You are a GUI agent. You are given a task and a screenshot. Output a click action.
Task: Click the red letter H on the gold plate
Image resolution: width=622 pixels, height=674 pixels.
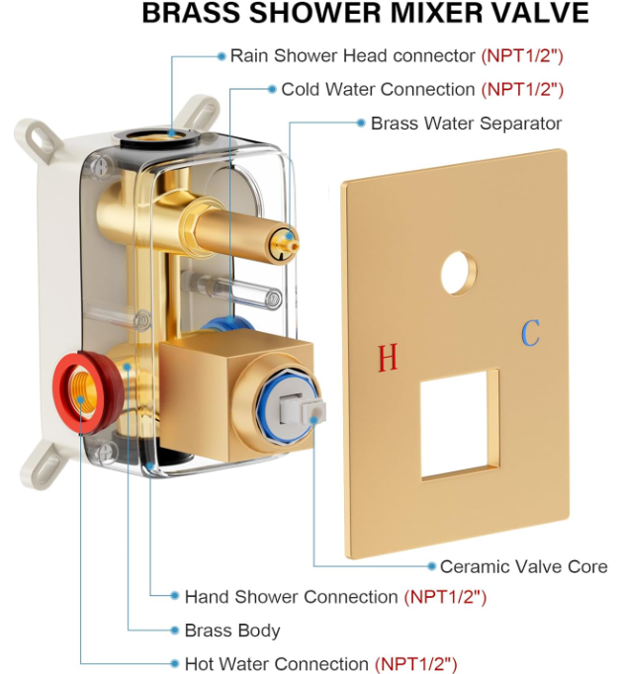(x=387, y=358)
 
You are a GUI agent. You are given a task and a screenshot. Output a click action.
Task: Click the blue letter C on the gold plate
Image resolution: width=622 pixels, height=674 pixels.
(x=531, y=334)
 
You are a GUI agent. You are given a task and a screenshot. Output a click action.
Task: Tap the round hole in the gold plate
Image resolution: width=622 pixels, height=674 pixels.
(x=459, y=273)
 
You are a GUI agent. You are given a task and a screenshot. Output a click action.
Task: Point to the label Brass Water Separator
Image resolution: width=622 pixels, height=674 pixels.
(x=466, y=124)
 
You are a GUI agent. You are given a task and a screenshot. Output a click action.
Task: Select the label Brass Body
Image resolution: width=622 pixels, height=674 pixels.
(x=232, y=631)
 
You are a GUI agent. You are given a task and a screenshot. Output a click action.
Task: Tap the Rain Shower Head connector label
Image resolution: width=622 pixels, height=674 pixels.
(x=354, y=56)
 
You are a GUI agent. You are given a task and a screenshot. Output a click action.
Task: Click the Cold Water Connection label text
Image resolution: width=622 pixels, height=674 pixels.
(x=378, y=90)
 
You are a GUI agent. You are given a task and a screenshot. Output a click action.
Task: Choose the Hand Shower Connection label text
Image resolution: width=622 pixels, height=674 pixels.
(x=291, y=597)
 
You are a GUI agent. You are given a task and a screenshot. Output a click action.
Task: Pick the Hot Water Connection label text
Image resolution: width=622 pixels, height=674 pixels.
(x=276, y=664)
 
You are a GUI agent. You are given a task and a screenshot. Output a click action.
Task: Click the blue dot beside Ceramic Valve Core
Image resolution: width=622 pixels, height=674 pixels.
(x=431, y=566)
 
